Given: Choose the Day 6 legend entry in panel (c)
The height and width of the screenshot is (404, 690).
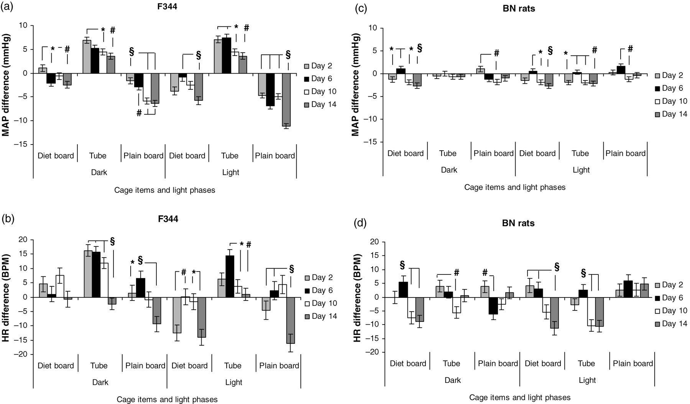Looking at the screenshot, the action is click(x=669, y=88).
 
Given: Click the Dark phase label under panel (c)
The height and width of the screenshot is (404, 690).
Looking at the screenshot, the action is click(x=449, y=170).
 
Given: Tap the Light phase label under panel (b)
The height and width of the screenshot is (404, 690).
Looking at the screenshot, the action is click(x=234, y=382).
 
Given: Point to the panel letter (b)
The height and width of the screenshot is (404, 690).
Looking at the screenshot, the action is click(x=8, y=220).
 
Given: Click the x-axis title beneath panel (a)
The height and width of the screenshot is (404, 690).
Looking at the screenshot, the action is click(x=165, y=190).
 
